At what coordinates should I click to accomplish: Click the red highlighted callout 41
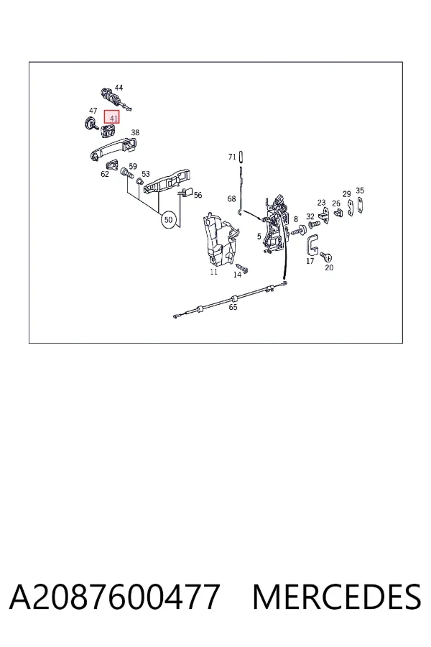111,117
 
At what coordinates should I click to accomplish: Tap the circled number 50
168,219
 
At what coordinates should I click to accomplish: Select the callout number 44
119,88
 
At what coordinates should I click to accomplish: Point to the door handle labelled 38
114,149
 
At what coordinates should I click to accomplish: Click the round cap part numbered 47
90,123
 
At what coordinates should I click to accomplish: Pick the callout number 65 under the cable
233,307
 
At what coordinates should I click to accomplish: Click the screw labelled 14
242,267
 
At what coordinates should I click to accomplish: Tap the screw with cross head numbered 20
327,257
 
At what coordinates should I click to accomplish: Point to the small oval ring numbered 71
241,157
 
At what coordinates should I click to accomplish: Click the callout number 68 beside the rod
231,199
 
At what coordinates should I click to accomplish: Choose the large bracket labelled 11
219,239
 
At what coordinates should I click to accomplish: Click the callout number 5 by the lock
259,237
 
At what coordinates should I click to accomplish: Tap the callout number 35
360,191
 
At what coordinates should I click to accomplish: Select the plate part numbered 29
351,208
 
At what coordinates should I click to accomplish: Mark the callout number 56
198,195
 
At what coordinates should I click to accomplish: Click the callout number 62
105,174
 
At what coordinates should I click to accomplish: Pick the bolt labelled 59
127,174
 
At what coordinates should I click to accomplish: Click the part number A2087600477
113,597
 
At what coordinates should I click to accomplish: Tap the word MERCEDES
337,597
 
